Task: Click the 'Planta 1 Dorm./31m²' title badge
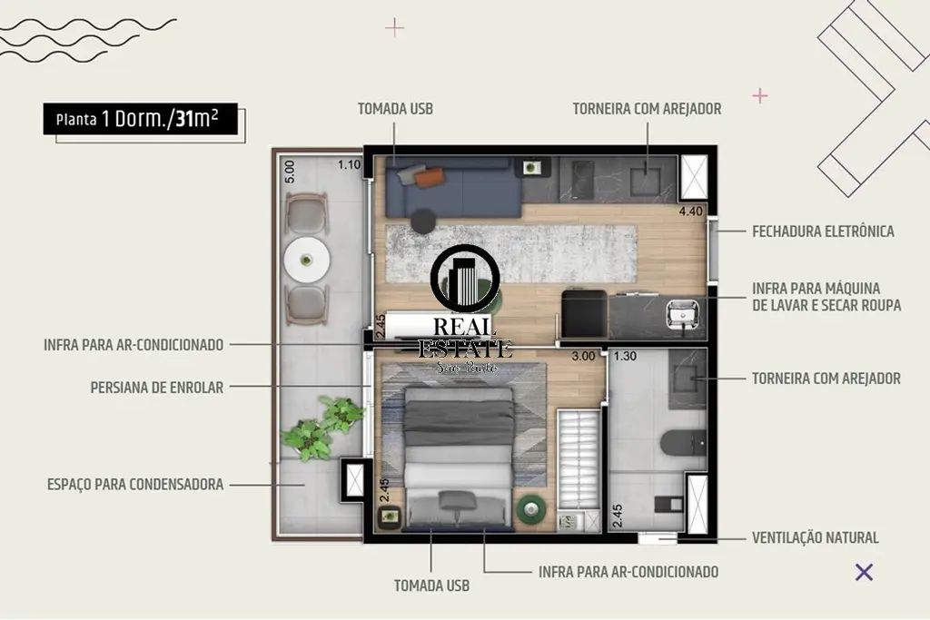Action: pos(141,119)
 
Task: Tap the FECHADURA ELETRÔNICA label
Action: pos(823,231)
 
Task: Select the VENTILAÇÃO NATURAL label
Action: pos(815,537)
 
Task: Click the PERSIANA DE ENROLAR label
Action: pos(156,388)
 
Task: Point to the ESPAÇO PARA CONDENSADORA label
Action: pos(135,484)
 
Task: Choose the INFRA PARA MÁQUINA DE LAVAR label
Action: pos(826,297)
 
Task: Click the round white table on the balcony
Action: pos(307,260)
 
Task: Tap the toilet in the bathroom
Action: pos(683,443)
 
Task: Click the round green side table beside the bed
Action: pos(530,508)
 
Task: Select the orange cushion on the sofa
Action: pos(429,177)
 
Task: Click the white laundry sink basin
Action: pos(683,314)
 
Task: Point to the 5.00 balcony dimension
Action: pos(290,172)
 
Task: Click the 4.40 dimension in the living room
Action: pos(690,211)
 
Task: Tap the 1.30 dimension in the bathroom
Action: pos(625,356)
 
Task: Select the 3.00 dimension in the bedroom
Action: pos(582,356)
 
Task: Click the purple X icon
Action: pos(865,572)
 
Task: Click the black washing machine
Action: pos(584,313)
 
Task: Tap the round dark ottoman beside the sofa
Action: pos(423,221)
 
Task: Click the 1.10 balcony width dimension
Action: pos(350,165)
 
